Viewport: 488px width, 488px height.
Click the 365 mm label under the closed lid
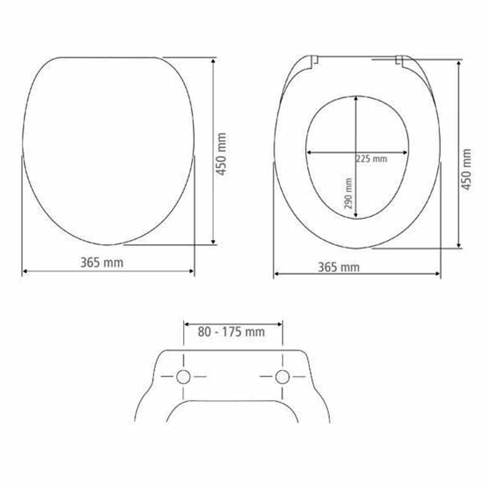click(102, 262)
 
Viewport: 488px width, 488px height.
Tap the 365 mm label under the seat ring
click(339, 267)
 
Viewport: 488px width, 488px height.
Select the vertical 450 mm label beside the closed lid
click(221, 154)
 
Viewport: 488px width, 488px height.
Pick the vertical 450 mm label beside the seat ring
click(466, 169)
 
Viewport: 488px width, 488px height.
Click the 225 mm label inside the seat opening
click(371, 159)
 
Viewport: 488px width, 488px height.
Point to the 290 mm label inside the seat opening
click(348, 193)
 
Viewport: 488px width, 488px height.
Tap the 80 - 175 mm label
click(231, 332)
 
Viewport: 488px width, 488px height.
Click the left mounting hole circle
click(184, 377)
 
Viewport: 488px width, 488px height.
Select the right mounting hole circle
click(282, 377)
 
